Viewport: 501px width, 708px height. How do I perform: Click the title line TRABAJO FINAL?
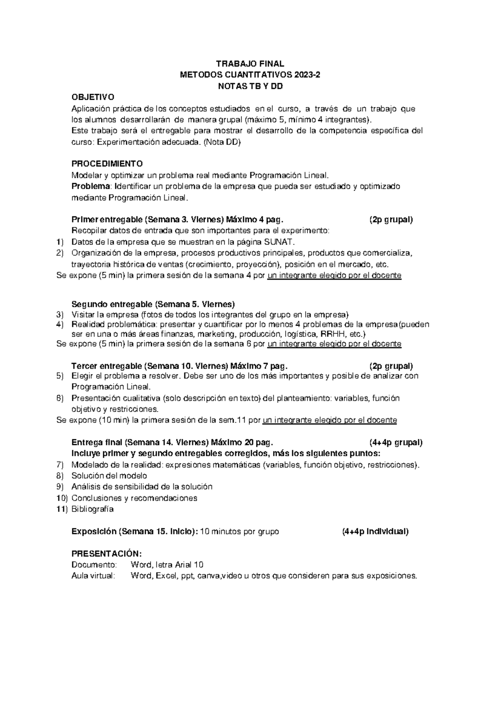point(250,64)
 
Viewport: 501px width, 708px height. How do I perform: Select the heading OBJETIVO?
point(93,98)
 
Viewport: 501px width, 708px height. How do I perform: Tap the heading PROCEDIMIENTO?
point(107,163)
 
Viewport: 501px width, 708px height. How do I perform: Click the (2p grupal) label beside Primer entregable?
point(391,220)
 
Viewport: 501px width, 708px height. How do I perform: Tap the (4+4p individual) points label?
point(374,532)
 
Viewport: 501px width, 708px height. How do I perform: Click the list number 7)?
point(60,465)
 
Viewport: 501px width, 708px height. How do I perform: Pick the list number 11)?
point(61,509)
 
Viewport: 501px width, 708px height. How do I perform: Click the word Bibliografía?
point(92,509)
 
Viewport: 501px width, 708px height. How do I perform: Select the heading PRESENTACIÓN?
point(107,554)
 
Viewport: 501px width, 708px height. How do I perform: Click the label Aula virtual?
point(93,576)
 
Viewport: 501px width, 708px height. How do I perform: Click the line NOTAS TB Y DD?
point(250,87)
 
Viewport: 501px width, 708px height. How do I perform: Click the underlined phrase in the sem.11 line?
point(329,420)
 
